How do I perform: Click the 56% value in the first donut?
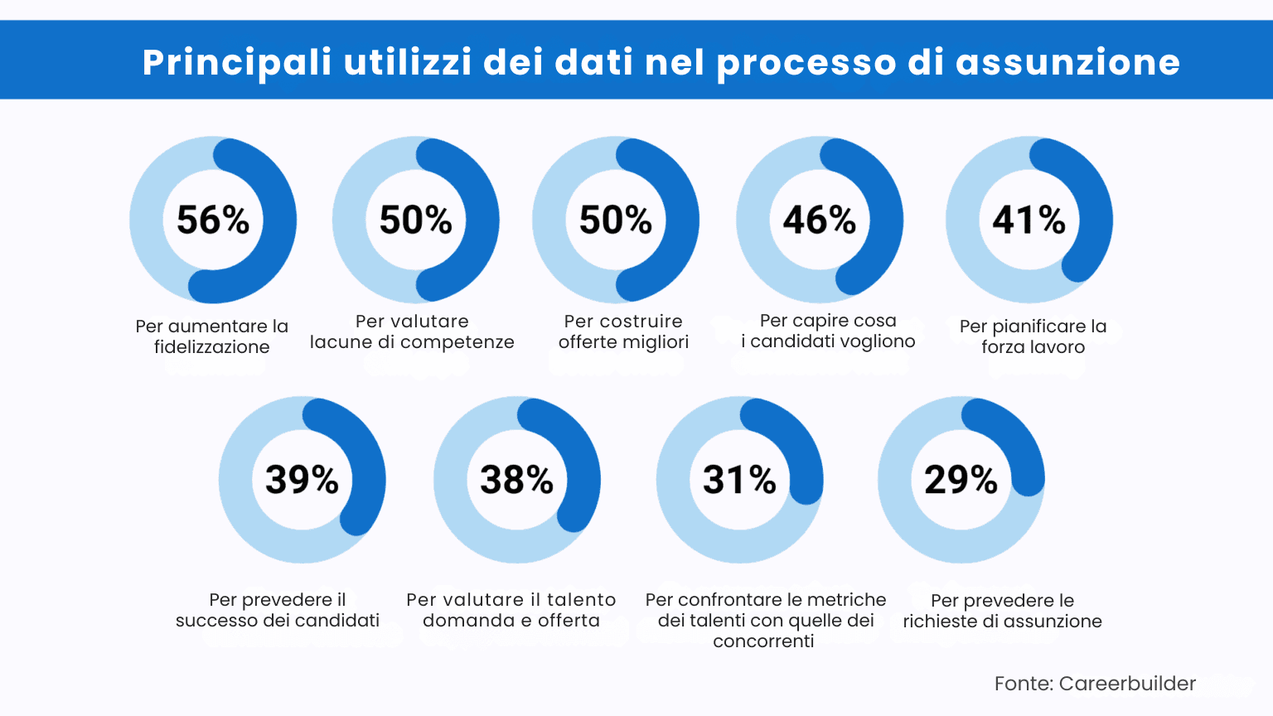(x=213, y=220)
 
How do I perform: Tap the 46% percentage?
(x=819, y=220)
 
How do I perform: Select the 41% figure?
(x=1029, y=220)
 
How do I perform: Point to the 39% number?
(x=302, y=479)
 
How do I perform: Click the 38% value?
(x=516, y=479)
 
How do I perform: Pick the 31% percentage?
(x=739, y=479)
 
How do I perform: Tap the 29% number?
(x=961, y=479)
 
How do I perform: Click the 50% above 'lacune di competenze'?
(x=415, y=220)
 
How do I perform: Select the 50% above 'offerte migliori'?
(x=615, y=220)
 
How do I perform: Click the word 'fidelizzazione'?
(x=212, y=347)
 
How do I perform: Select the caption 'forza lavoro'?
(x=1033, y=347)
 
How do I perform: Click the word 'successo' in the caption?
(x=215, y=621)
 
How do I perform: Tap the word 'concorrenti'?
(x=763, y=641)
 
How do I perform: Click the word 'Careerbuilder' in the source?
(x=1127, y=684)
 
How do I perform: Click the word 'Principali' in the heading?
(x=237, y=62)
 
